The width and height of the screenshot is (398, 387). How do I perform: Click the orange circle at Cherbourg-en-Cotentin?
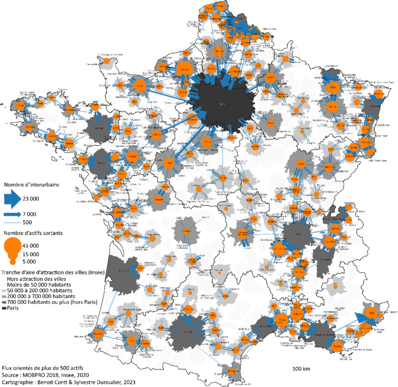coord(106,61)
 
